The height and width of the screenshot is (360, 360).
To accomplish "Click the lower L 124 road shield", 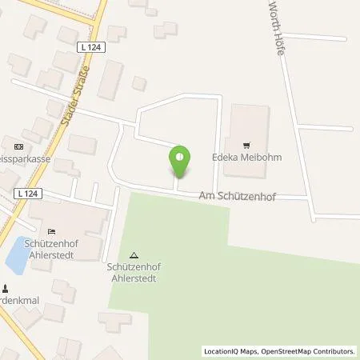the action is (x=25, y=194).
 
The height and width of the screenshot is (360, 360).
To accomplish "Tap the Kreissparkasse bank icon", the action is (x=18, y=146).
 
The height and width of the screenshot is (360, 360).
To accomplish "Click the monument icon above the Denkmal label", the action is (x=5, y=290).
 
